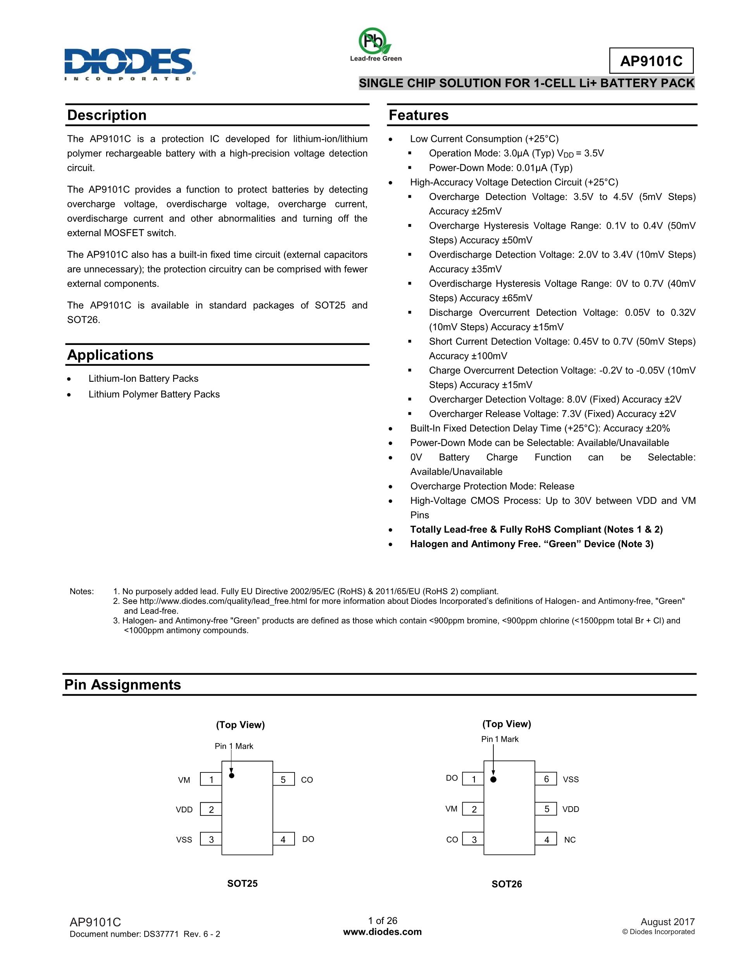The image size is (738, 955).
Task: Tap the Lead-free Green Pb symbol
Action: coord(375,41)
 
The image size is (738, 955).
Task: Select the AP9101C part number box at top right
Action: coord(651,61)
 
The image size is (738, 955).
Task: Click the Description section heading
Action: coord(107,115)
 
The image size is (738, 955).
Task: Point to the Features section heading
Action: coord(418,115)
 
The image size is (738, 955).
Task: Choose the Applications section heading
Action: coord(110,355)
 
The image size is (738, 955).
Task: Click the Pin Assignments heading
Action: coord(122,684)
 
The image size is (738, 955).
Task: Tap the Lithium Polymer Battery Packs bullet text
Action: coord(154,394)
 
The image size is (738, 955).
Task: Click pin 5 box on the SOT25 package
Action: coord(283,780)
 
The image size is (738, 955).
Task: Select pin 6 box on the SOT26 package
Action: coord(546,779)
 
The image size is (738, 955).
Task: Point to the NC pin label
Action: coord(570,840)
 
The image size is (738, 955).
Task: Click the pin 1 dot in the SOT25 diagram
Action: coord(232,775)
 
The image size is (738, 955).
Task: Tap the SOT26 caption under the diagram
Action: coord(507,884)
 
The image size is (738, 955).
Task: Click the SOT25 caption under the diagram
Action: coord(242,883)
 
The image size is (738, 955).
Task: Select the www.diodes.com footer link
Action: coord(383,932)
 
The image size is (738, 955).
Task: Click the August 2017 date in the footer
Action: coord(667,922)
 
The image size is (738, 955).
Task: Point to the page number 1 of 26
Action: coord(383,921)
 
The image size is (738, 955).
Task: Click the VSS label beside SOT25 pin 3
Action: coord(184,840)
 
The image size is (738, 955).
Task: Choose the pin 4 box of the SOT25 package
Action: coord(283,839)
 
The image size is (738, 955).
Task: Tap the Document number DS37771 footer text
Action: coord(145,934)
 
